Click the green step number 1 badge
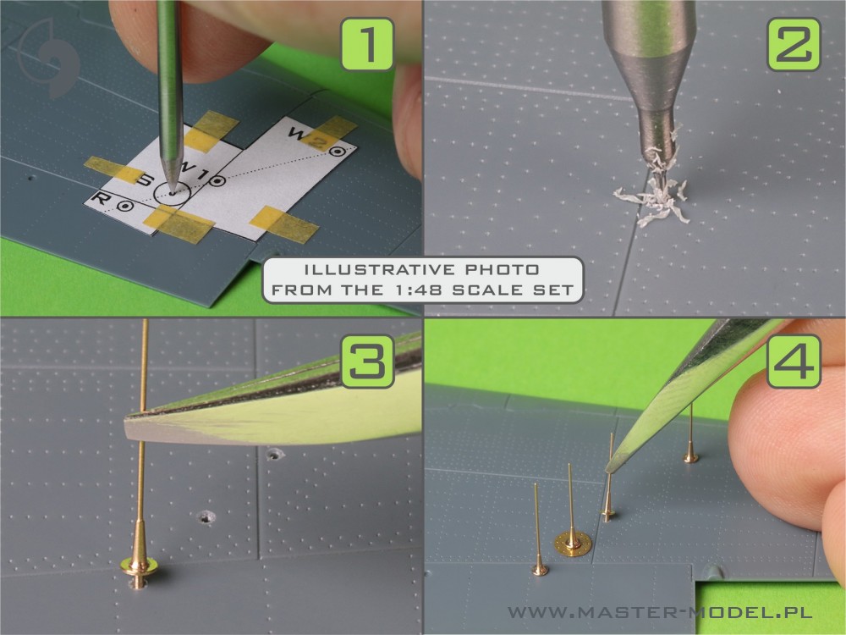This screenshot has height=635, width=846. pos(367,44)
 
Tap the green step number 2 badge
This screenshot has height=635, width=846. pos(794,44)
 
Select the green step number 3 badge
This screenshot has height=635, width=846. pos(367,362)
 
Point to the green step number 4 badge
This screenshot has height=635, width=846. pos(794,362)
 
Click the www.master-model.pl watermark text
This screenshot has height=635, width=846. pos(660,612)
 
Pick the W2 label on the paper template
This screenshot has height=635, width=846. pos(308,137)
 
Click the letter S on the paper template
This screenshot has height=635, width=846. pos(145,179)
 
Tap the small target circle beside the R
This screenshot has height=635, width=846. pos(125,206)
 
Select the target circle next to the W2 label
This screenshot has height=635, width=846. pos(338,152)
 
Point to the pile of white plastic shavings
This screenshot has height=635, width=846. pos(653,195)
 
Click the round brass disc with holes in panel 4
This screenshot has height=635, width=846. pos(573,544)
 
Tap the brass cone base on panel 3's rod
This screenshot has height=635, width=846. pos(140,555)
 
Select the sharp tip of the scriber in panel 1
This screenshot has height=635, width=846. pos(172,191)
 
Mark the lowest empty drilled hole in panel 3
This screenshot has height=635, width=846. pos(206,518)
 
